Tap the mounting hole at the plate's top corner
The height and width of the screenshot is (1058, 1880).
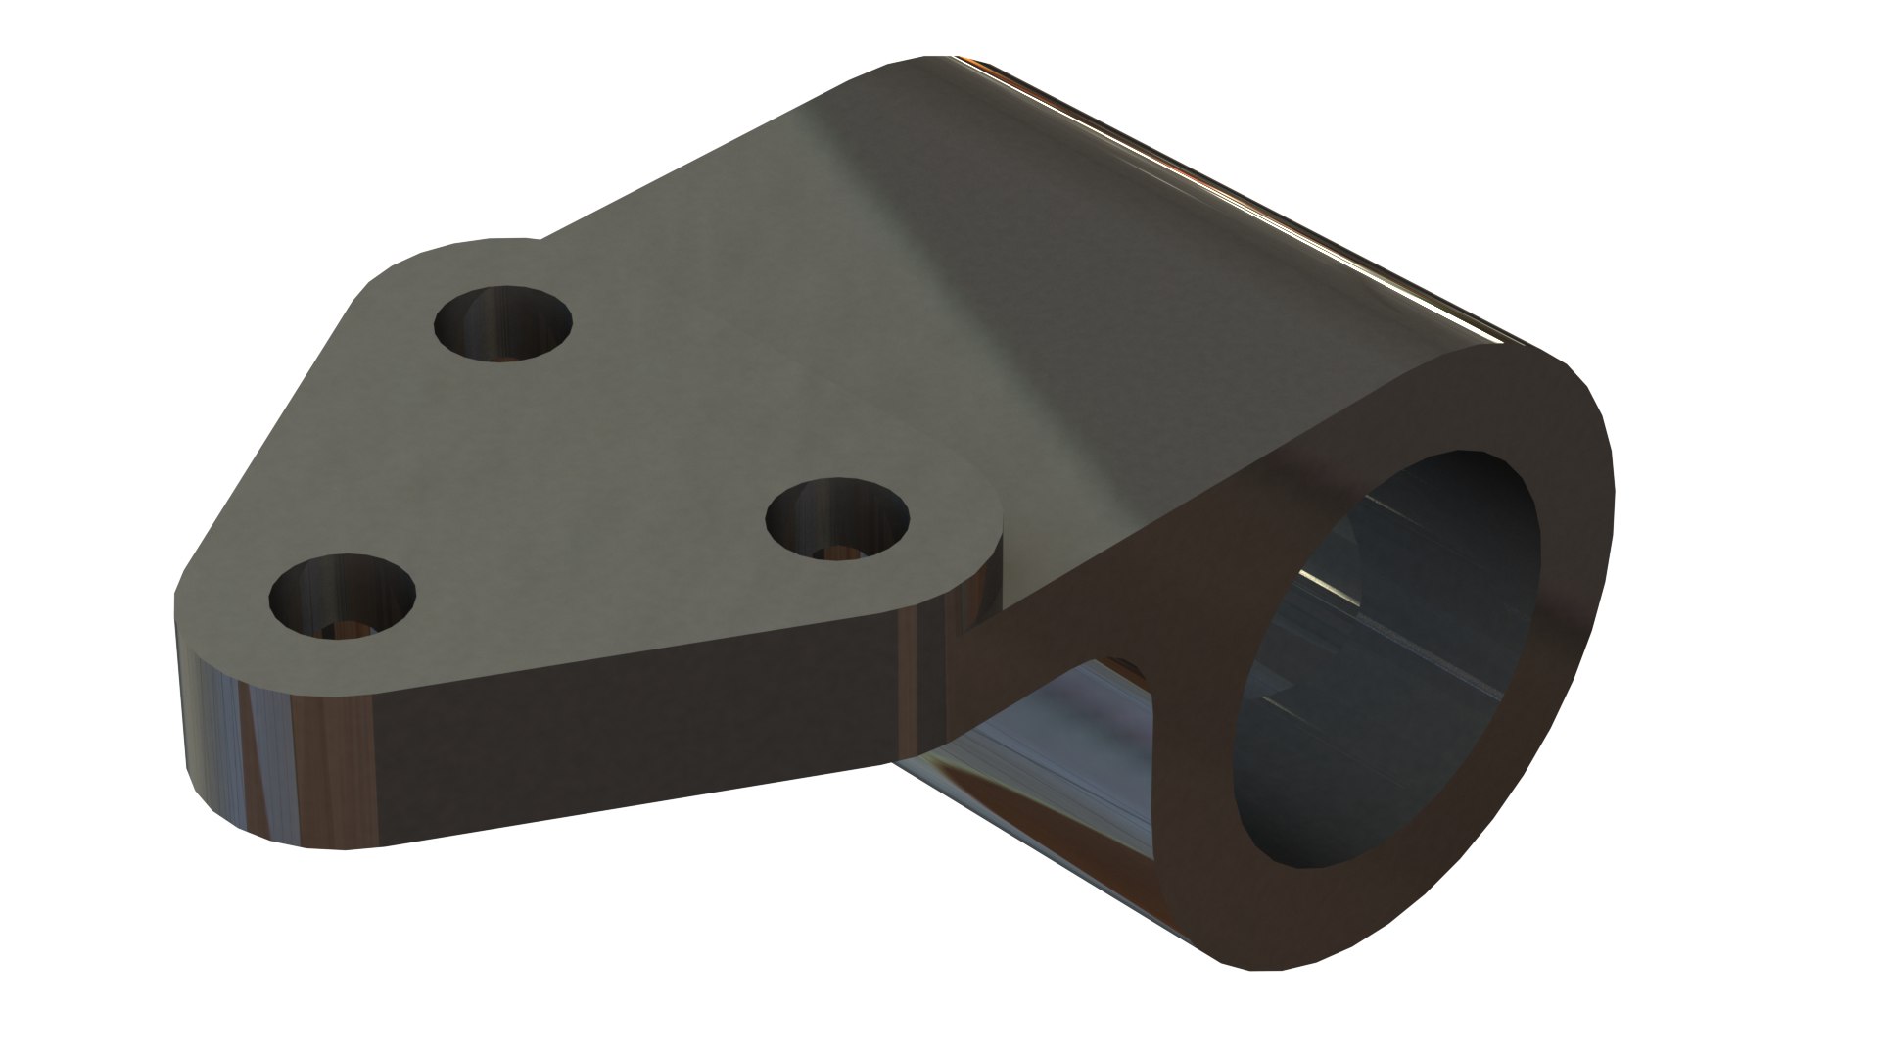coord(502,323)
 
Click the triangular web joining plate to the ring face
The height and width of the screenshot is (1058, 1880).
coord(1126,588)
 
